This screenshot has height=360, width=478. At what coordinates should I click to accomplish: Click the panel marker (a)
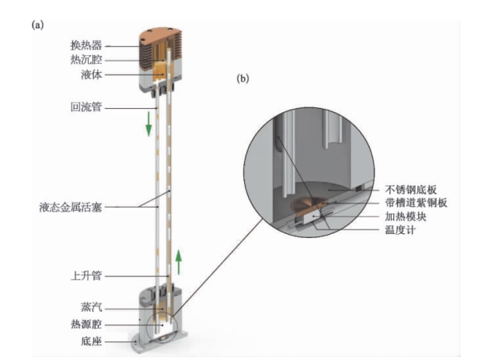click(x=37, y=26)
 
